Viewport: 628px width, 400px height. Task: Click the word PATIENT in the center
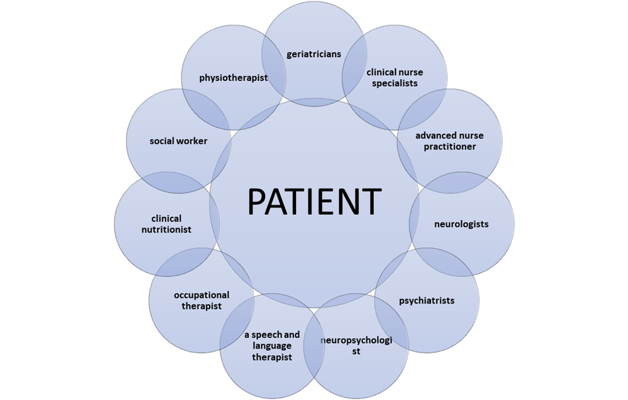(314, 202)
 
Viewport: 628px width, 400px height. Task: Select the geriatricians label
(314, 54)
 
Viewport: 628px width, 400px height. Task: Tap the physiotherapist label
(233, 78)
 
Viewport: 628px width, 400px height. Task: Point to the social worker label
(178, 141)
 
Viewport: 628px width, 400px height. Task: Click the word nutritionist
(167, 229)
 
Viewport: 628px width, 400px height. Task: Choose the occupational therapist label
(202, 300)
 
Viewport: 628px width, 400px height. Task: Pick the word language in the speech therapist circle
(272, 346)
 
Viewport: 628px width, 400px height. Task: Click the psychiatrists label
(426, 300)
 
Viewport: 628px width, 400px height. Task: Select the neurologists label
(461, 224)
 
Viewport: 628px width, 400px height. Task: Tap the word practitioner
(449, 146)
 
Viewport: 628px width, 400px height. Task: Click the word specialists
(395, 83)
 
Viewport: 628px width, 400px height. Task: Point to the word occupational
(202, 295)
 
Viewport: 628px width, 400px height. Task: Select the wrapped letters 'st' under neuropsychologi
(356, 351)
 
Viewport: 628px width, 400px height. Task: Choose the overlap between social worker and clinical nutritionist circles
(171, 183)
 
